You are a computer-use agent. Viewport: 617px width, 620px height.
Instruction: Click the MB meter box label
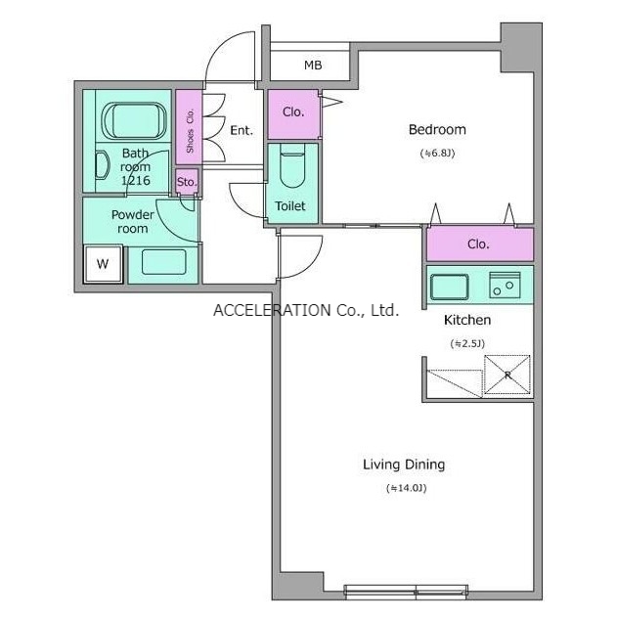click(x=313, y=66)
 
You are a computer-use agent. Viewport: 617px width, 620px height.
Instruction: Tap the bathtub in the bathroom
click(x=134, y=120)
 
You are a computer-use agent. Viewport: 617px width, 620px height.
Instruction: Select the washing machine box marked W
click(x=103, y=264)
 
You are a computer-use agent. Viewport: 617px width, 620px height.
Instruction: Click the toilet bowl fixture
click(x=292, y=165)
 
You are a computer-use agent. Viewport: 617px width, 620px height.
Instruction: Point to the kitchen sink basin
click(x=450, y=287)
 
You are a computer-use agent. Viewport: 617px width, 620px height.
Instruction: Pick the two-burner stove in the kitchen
click(x=505, y=285)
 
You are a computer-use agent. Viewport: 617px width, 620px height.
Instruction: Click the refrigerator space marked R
click(x=507, y=375)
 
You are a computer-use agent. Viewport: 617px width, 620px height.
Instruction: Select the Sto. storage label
click(x=187, y=182)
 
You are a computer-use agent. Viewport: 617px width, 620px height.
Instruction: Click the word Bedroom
click(x=437, y=130)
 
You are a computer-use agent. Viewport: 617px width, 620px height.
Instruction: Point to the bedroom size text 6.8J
click(x=437, y=153)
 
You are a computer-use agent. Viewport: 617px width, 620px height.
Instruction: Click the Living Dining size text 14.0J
click(x=407, y=488)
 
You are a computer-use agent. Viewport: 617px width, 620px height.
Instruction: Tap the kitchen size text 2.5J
click(x=467, y=343)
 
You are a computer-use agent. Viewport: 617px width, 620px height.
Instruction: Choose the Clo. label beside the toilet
click(x=293, y=112)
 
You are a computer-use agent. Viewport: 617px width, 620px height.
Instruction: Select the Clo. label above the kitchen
click(x=478, y=244)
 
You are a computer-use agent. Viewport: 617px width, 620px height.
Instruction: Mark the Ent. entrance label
click(x=242, y=130)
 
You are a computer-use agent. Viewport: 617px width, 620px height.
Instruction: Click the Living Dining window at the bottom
click(x=406, y=591)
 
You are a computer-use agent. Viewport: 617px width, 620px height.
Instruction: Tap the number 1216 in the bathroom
click(x=136, y=181)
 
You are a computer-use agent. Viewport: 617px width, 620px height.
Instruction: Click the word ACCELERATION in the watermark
click(x=272, y=310)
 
